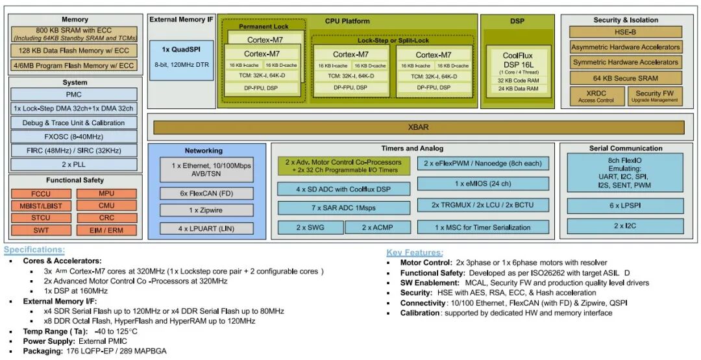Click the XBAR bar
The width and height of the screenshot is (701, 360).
(x=418, y=127)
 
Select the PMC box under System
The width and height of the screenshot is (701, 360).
(x=73, y=95)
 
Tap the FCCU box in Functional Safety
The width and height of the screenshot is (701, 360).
(x=40, y=193)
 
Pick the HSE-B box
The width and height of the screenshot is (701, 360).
(x=625, y=32)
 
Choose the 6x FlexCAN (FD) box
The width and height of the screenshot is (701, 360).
(x=207, y=193)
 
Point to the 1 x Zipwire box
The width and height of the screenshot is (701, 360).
(x=207, y=210)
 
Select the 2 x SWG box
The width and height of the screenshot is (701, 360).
(x=310, y=227)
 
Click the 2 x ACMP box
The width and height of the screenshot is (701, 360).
(x=377, y=227)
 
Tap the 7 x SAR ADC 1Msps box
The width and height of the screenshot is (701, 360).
(x=343, y=208)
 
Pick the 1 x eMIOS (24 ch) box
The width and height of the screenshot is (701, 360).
(x=482, y=184)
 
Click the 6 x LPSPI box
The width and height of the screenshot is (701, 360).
(x=625, y=206)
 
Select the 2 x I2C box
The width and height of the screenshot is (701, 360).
(x=625, y=226)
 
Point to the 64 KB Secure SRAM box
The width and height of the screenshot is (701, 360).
(x=625, y=78)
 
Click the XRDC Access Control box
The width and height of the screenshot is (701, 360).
(x=596, y=97)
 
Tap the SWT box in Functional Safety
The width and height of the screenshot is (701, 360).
(x=40, y=230)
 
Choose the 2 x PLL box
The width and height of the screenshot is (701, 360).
(x=73, y=164)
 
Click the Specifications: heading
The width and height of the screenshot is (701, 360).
(x=34, y=250)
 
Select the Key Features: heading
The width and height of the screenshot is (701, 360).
(x=415, y=252)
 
